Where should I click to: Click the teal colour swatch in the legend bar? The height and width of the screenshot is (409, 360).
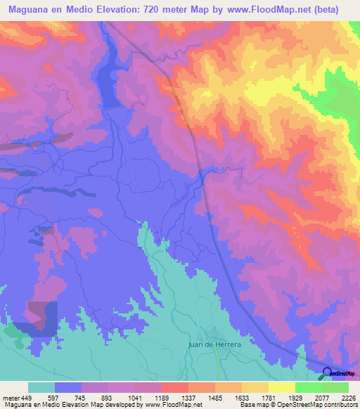[41, 387]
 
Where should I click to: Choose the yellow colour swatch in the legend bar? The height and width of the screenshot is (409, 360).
[281, 387]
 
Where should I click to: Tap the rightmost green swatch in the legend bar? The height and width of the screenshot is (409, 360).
[335, 387]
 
